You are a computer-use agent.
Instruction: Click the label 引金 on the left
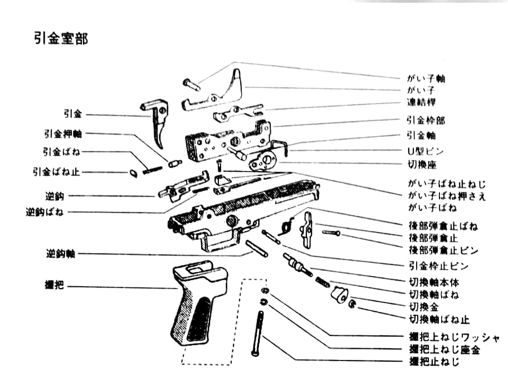point(72,114)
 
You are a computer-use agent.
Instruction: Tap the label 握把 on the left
point(55,286)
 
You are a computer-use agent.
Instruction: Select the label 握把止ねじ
point(434,363)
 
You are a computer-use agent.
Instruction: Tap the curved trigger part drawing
point(158,123)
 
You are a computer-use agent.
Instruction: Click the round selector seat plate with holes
point(262,162)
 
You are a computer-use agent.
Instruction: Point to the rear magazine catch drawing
point(307,228)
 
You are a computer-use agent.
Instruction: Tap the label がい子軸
point(426,79)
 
